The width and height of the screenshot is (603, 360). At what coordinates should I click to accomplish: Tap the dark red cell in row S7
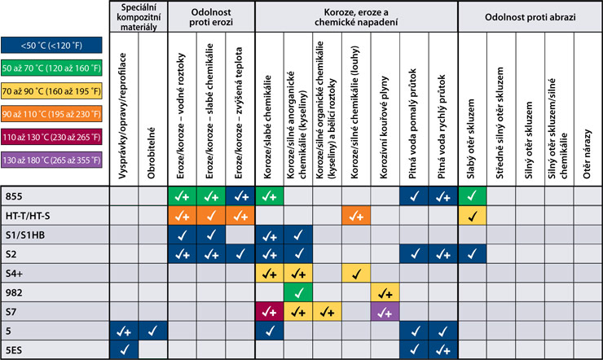[x=269, y=311]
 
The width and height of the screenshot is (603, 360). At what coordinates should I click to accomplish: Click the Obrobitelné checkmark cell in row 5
[x=153, y=331]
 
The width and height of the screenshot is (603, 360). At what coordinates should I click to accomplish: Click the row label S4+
[x=16, y=273]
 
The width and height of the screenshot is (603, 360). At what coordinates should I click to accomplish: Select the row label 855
[x=14, y=196]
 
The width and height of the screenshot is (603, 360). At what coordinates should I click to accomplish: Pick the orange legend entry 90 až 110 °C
[x=51, y=109]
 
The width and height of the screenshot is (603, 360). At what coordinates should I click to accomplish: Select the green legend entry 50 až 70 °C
[x=51, y=68]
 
